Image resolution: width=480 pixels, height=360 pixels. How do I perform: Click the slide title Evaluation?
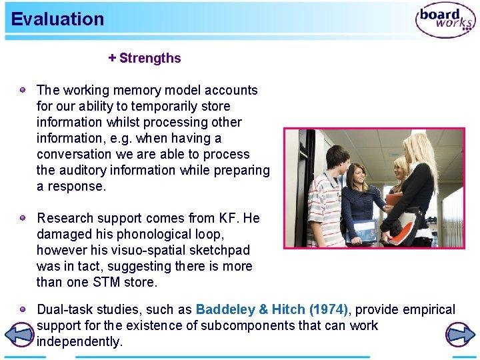pos(57,19)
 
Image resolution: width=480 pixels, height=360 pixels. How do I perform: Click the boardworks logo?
pos(445,20)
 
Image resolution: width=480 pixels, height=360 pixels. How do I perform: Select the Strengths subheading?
pos(145,58)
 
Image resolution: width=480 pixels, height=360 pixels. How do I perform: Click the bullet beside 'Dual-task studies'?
pos(23,309)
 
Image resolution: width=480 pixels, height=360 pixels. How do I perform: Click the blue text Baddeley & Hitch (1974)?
pos(271,309)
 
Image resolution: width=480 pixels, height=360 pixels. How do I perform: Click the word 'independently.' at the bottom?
pos(80,341)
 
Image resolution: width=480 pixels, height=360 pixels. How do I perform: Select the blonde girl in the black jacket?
pos(420,187)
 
